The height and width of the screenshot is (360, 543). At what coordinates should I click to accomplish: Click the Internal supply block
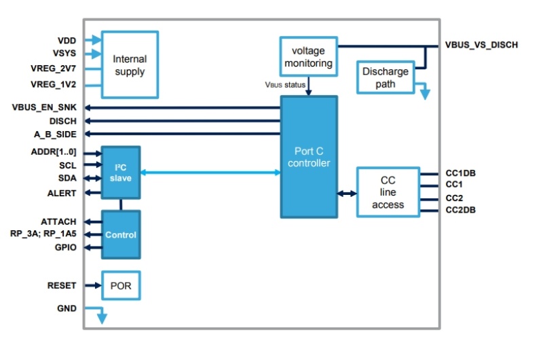(x=130, y=65)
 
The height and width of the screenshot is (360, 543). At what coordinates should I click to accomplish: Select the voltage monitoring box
(x=309, y=57)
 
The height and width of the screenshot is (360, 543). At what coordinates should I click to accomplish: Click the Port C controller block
(x=309, y=157)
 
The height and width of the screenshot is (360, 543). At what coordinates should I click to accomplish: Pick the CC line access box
(x=388, y=192)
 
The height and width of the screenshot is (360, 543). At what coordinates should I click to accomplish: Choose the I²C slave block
(x=121, y=173)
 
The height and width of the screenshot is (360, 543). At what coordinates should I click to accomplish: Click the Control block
(x=121, y=234)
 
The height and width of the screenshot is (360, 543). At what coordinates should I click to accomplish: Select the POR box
(x=121, y=286)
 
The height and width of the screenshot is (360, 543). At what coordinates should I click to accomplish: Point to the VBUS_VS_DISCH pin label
(x=481, y=46)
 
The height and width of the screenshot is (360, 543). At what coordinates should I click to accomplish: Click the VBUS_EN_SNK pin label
(x=44, y=108)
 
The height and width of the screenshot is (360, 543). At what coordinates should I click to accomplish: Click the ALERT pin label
(x=61, y=194)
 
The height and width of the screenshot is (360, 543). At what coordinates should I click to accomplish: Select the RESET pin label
(x=61, y=286)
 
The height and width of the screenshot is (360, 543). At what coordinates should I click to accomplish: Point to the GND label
(x=67, y=308)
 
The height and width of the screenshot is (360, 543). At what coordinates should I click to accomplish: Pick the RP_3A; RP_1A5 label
(x=43, y=234)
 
